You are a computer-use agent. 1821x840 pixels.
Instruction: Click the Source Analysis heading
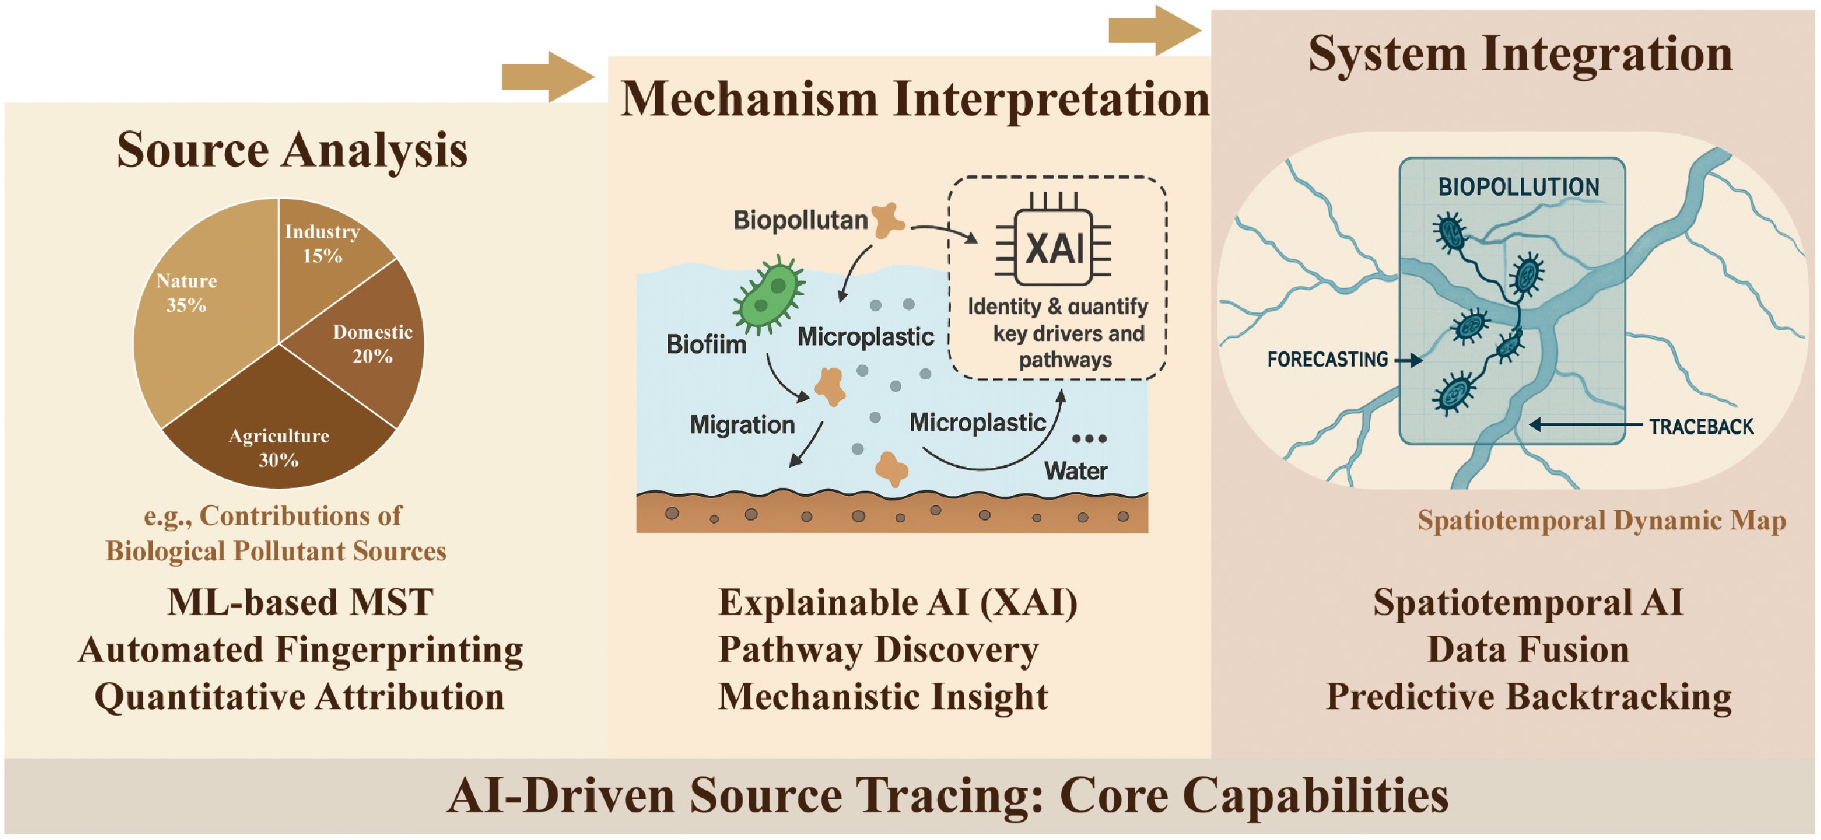point(292,150)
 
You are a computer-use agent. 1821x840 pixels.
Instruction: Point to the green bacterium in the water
point(768,295)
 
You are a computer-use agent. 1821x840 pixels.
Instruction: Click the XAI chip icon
point(1054,248)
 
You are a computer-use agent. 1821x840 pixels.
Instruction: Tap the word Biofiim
point(705,345)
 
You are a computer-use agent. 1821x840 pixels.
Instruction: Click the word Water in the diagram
point(1075,470)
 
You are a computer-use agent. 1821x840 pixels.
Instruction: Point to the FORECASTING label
point(1327,359)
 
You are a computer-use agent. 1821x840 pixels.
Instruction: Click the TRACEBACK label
point(1701,427)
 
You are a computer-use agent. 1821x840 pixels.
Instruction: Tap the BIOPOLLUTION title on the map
point(1518,187)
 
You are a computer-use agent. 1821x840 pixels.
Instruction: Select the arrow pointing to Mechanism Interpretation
point(547,76)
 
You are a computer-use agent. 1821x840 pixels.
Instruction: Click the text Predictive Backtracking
point(1528,697)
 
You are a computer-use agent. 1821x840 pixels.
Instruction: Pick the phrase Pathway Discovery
point(878,649)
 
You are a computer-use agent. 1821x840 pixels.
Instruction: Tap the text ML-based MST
point(300,603)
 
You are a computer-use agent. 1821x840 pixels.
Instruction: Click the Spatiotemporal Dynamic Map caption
point(1601,520)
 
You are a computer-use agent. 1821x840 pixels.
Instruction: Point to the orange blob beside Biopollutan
point(888,219)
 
